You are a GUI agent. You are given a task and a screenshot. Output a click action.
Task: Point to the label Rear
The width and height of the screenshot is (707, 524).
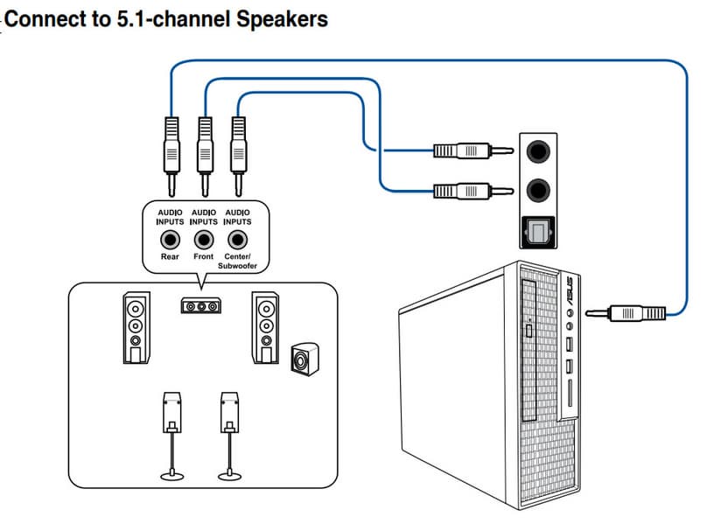(x=170, y=257)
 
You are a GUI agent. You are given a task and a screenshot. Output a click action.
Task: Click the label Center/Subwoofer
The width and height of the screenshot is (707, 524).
(x=237, y=261)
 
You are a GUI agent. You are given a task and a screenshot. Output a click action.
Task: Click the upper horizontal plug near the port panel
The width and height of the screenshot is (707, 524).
(x=467, y=150)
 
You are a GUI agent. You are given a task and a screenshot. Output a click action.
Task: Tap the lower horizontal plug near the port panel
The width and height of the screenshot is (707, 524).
(x=467, y=189)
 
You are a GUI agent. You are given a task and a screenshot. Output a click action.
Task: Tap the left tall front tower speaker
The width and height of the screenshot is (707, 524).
(x=136, y=328)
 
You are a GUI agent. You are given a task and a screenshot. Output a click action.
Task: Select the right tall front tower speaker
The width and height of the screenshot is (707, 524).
(x=266, y=328)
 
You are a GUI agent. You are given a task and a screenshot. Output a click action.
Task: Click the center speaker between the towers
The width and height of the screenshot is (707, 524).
(x=201, y=307)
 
